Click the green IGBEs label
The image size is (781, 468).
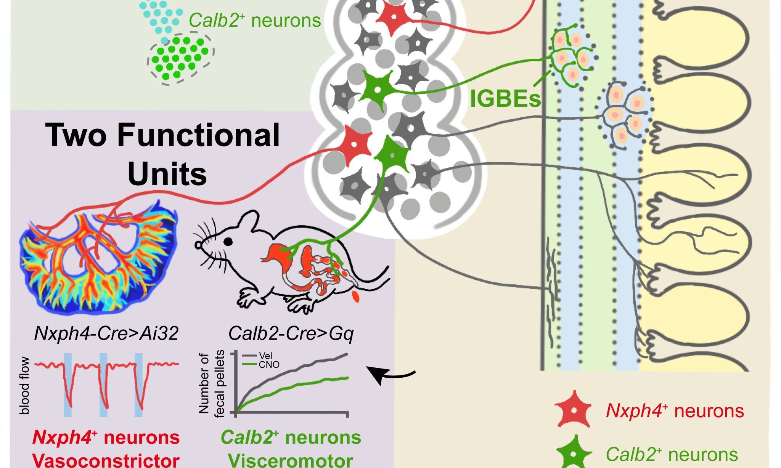point(506,98)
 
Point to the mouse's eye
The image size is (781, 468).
point(228,241)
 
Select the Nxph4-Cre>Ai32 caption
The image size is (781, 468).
point(106,334)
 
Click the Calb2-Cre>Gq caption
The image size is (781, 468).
point(291,334)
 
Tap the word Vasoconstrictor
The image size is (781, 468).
point(106,460)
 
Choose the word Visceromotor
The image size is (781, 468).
point(291,460)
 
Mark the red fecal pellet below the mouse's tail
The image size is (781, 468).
point(357,297)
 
